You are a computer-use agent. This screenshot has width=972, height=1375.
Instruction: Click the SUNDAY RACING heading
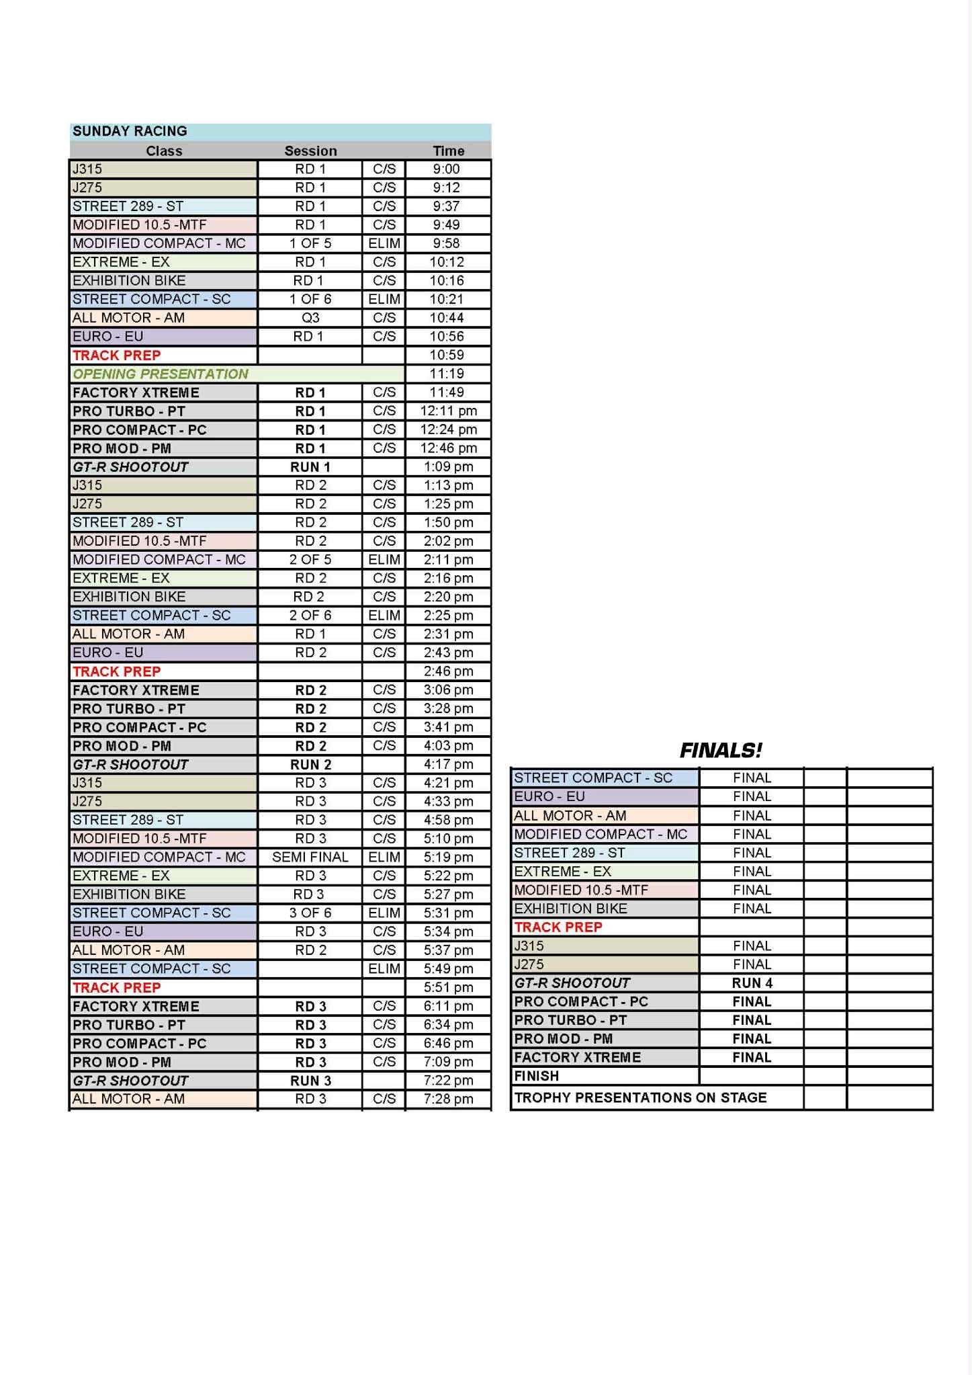point(130,131)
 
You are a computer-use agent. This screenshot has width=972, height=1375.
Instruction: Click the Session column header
point(310,151)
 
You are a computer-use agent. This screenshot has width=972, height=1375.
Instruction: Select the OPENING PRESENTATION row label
point(161,374)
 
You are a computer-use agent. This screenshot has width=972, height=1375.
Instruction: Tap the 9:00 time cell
point(447,169)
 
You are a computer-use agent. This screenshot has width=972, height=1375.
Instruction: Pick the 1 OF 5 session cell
point(310,243)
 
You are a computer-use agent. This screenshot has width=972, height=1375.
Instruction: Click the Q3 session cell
point(310,318)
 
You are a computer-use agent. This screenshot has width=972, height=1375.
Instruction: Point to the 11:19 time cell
point(447,374)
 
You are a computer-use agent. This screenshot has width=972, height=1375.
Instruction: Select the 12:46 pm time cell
point(448,448)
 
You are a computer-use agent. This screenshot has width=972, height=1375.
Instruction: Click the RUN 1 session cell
point(310,466)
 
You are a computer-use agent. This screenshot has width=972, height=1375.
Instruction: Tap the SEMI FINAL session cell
point(310,857)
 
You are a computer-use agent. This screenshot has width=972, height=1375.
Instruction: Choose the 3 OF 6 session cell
point(310,913)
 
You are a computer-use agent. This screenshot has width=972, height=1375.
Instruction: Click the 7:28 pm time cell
point(448,1099)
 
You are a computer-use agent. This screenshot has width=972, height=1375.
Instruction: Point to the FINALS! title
point(721,750)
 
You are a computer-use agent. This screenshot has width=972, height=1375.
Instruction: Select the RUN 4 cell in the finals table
point(752,983)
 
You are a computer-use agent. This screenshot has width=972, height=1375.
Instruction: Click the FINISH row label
point(537,1076)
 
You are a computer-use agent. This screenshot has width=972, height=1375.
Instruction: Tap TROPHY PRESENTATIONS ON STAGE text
point(640,1097)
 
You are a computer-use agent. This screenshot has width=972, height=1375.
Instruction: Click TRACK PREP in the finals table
point(558,927)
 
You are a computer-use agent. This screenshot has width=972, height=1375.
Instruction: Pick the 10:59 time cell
point(447,355)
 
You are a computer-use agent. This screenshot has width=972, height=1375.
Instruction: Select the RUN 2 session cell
point(310,764)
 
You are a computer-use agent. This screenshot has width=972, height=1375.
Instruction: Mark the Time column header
point(448,151)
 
